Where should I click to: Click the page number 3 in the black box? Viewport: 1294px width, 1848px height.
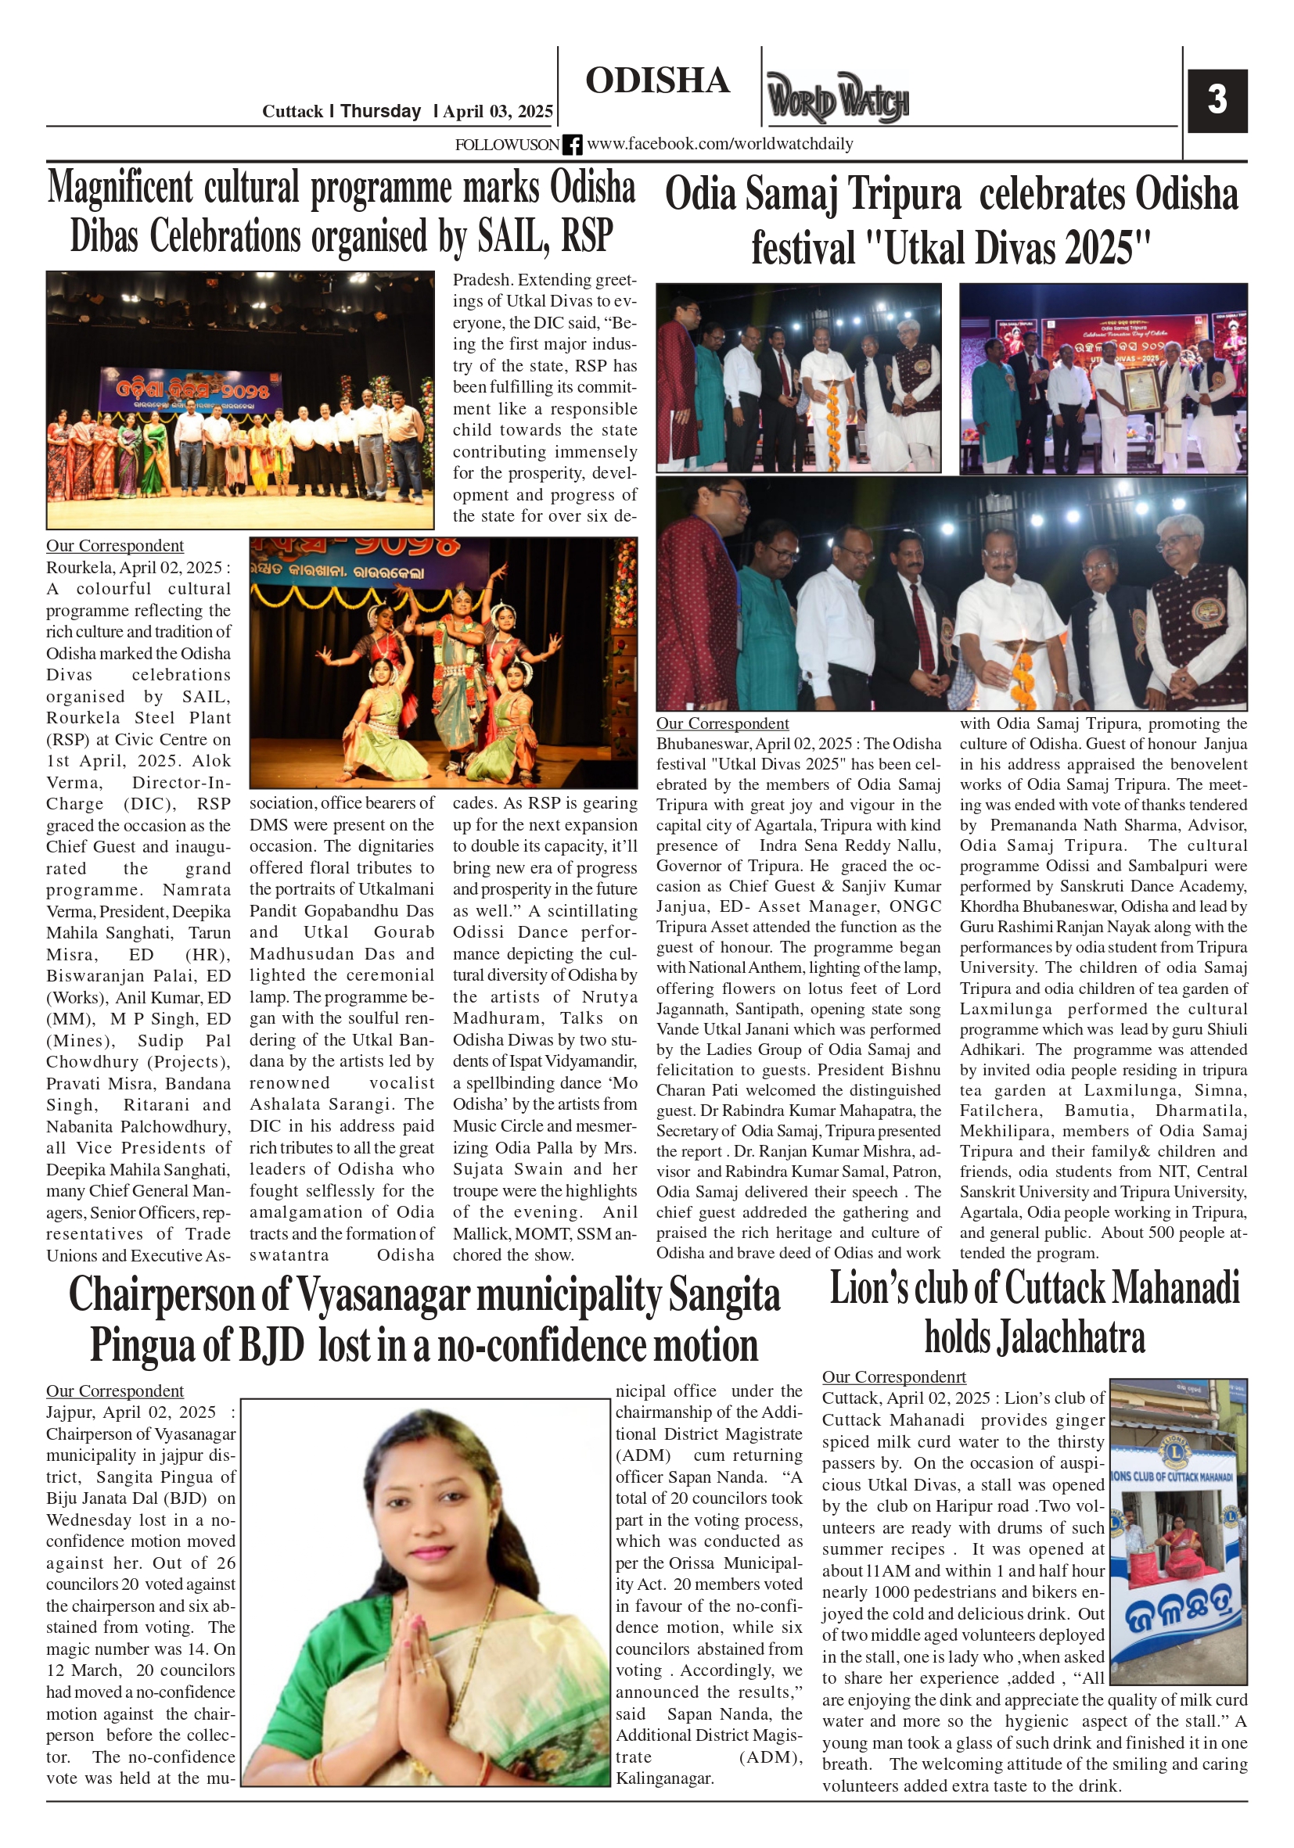[x=1217, y=100]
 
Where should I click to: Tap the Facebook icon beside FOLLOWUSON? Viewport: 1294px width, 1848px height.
[x=572, y=145]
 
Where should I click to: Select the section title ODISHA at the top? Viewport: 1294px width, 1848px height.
[x=657, y=81]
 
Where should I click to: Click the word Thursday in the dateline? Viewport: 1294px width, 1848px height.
[x=380, y=111]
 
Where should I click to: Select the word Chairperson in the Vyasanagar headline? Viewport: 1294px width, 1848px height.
[x=174, y=1296]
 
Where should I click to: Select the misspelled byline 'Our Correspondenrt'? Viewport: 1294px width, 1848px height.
[x=893, y=1377]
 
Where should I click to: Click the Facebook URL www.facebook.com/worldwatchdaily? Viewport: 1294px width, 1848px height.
[x=719, y=144]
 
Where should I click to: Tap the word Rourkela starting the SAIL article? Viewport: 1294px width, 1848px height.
[x=77, y=568]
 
